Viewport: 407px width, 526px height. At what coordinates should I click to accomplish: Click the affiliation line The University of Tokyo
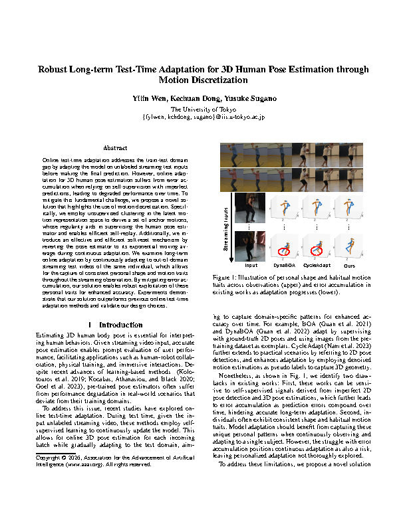[203, 108]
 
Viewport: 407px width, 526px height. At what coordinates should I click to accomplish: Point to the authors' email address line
[203, 117]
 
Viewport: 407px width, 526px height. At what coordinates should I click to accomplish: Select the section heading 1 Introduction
[110, 325]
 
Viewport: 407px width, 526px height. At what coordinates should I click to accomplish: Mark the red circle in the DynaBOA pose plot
[283, 251]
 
